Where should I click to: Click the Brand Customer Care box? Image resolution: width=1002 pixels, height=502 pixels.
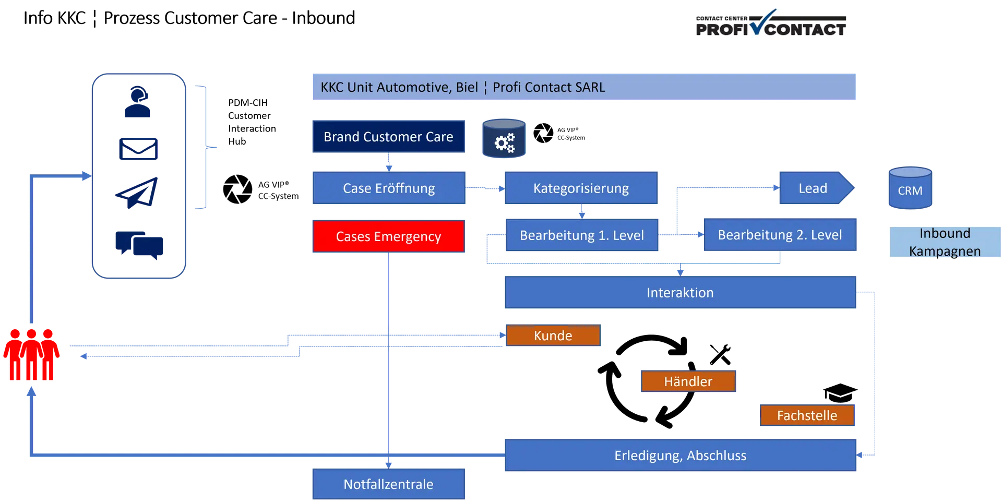tap(388, 137)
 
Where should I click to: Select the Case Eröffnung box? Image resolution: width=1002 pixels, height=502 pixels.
tap(388, 188)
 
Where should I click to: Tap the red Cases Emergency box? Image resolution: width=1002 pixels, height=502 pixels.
tap(388, 236)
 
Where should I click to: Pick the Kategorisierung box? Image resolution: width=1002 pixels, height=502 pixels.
tap(581, 188)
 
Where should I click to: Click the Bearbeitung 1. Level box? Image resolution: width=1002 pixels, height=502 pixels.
tap(581, 235)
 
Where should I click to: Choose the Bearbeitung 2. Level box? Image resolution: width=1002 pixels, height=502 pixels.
tap(780, 235)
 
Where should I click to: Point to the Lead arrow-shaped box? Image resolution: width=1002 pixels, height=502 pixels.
tap(814, 188)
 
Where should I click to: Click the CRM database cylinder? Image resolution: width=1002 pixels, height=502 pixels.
tap(910, 188)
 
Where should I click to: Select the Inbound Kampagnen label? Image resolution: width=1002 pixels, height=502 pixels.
tap(944, 242)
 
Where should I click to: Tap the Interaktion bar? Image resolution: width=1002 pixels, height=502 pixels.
tap(680, 293)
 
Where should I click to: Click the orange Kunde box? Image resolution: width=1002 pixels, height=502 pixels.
tap(553, 336)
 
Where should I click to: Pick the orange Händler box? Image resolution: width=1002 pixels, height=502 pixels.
tap(688, 381)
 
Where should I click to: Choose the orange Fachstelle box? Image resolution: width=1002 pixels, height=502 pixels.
tap(807, 415)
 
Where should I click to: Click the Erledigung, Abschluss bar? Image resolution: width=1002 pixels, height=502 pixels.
tap(680, 456)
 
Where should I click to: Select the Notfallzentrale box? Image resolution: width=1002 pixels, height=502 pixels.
tap(388, 484)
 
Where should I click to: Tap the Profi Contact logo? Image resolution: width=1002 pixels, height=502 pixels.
tap(771, 23)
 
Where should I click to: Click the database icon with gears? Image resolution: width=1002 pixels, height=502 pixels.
tap(504, 139)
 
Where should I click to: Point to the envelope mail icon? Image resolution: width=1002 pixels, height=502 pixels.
tap(138, 148)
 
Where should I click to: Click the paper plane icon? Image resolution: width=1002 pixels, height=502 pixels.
tap(137, 193)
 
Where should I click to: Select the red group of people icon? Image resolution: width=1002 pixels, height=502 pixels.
tap(31, 355)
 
